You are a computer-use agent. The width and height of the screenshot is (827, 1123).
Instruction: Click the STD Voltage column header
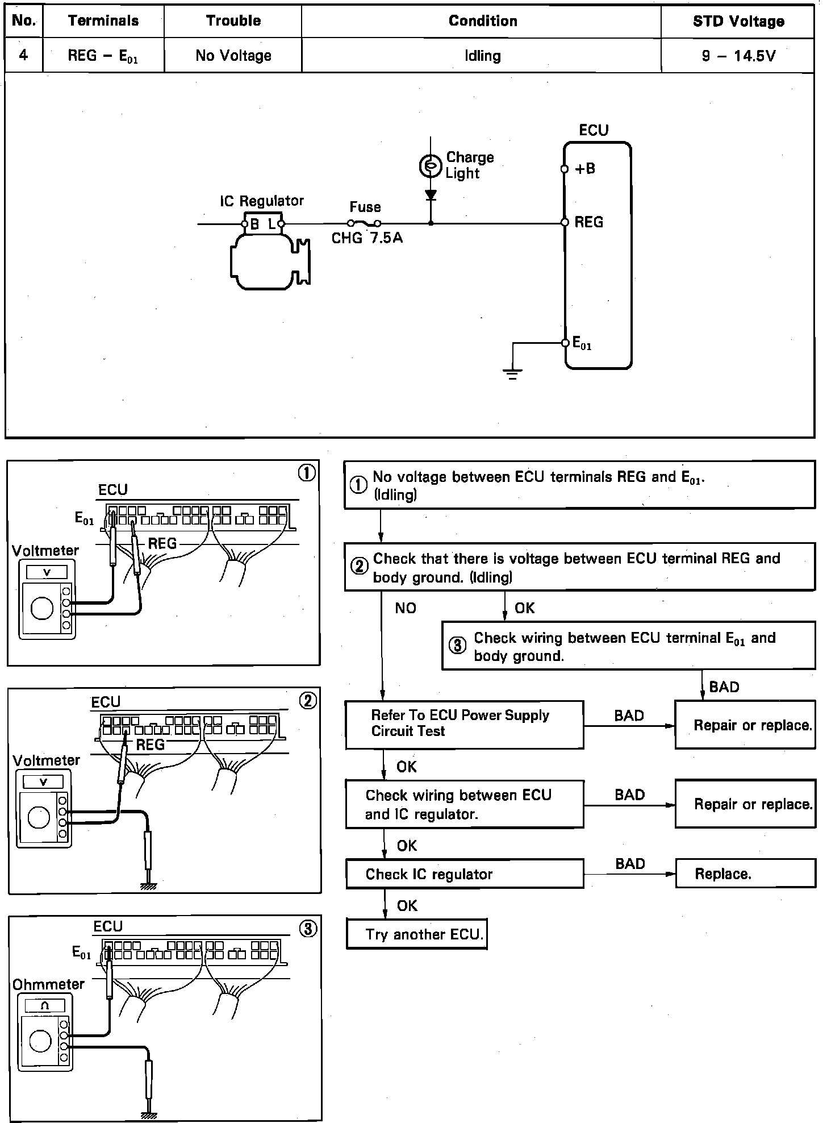[738, 22]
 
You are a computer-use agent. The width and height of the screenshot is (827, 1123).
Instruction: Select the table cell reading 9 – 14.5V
[738, 56]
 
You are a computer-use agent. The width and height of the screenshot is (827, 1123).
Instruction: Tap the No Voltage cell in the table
[233, 56]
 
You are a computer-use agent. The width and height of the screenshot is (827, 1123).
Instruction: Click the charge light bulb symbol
[430, 166]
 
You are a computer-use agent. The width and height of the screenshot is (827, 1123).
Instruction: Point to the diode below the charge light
[431, 196]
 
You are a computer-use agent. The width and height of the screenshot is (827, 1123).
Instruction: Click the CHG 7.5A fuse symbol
[365, 223]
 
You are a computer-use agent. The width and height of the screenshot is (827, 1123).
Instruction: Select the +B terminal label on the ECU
[585, 169]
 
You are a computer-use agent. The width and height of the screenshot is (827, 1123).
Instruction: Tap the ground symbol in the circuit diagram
[512, 373]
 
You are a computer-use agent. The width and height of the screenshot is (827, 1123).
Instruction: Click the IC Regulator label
[262, 201]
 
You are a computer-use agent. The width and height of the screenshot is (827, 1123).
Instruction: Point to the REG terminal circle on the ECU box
[565, 222]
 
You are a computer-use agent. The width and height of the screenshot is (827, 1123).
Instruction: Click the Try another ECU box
[417, 934]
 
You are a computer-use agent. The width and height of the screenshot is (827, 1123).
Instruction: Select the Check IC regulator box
[465, 874]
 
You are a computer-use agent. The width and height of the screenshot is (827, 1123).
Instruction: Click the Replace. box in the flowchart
[745, 874]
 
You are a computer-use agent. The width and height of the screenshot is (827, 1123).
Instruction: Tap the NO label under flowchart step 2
[406, 608]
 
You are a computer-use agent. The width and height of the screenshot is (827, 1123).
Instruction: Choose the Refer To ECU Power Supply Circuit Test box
[465, 724]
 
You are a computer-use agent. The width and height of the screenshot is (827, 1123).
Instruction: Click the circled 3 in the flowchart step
[458, 646]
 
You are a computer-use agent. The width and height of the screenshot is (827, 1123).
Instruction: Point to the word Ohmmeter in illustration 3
[48, 984]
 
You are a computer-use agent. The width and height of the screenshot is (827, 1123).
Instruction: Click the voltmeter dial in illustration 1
[42, 608]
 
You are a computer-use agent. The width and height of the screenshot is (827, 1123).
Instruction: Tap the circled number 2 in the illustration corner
[308, 701]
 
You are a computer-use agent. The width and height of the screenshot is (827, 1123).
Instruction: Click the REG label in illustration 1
[162, 543]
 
